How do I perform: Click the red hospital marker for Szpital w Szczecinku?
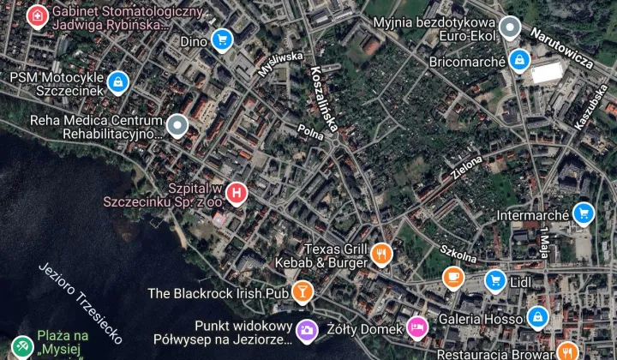[237, 194]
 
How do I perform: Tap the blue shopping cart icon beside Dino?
[222, 39]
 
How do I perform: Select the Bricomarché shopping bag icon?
[518, 60]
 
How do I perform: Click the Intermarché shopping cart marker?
[583, 212]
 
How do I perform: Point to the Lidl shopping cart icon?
[494, 279]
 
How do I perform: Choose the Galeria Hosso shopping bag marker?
[537, 318]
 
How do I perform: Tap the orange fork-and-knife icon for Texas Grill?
[382, 254]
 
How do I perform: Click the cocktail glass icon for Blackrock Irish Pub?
[302, 292]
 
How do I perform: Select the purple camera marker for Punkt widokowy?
[307, 329]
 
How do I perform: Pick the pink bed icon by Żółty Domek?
[417, 327]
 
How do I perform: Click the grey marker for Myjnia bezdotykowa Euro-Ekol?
[511, 27]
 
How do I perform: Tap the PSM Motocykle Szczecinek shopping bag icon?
[117, 82]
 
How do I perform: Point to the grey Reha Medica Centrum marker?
[177, 126]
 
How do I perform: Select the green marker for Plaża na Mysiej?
[21, 345]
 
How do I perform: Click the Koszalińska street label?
[326, 99]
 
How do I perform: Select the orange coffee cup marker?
[452, 277]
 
